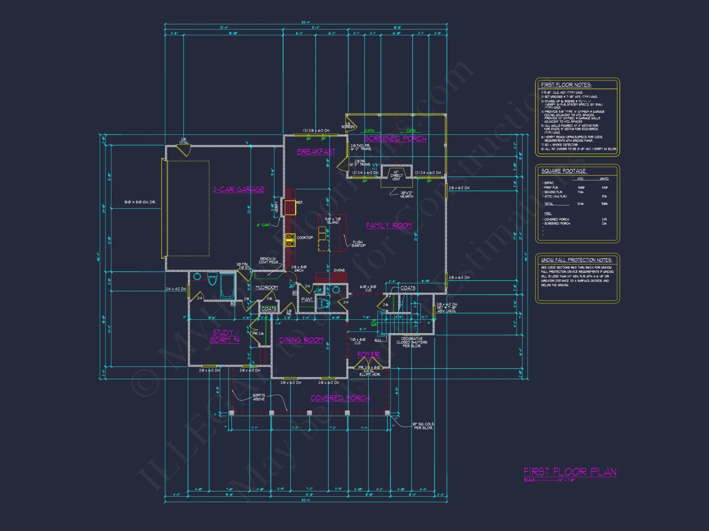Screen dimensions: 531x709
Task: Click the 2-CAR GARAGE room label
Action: [x=239, y=189]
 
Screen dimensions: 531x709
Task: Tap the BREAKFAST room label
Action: [x=316, y=152]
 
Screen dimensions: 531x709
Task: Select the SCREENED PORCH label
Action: [x=395, y=138]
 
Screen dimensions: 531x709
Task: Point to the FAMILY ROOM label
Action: [x=389, y=225]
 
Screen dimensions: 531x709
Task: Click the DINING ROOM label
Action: [x=301, y=340]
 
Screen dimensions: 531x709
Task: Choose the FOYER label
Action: [x=368, y=354]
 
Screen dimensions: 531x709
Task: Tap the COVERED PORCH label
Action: [x=340, y=398]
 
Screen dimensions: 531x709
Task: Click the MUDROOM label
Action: [x=267, y=287]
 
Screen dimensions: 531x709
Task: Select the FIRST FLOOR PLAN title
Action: [x=570, y=472]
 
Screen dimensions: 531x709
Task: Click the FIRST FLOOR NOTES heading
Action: [x=566, y=85]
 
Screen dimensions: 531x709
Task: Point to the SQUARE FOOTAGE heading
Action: [x=563, y=171]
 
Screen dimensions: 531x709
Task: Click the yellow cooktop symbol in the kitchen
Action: [x=290, y=240]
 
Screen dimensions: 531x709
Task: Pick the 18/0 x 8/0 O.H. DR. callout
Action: [x=140, y=202]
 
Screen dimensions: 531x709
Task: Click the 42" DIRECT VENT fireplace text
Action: [x=396, y=176]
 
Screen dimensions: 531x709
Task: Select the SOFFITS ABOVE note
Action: [x=259, y=397]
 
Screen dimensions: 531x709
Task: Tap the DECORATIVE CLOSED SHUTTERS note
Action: [x=412, y=342]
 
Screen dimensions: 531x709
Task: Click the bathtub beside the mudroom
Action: [x=227, y=286]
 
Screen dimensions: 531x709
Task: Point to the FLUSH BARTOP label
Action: [x=358, y=244]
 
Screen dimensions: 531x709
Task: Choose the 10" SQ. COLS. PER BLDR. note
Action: [x=423, y=426]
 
